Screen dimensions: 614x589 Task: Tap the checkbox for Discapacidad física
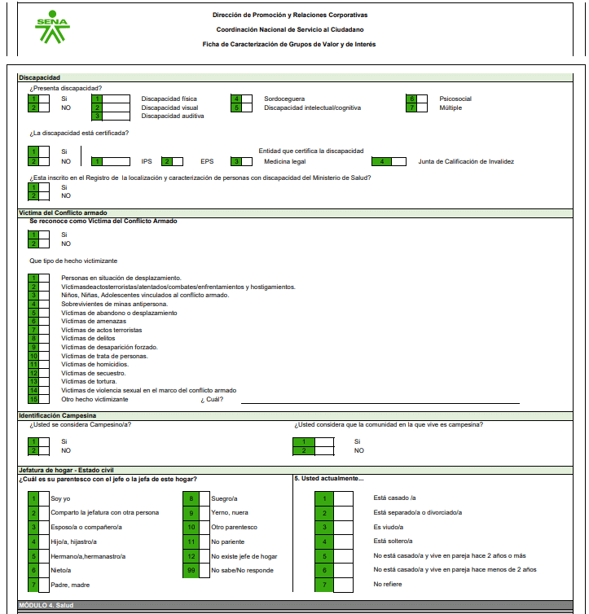[x=117, y=99]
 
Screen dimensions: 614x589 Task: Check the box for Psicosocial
[x=422, y=99]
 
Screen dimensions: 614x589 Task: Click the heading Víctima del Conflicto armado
[x=63, y=213]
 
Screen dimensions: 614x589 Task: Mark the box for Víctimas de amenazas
[x=44, y=321]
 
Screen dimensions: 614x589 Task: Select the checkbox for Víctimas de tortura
[x=44, y=381]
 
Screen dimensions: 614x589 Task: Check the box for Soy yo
[x=44, y=498]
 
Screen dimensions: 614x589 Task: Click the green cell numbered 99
[x=191, y=570]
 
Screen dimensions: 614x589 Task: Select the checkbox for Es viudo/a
[x=343, y=527]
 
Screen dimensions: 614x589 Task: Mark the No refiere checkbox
[x=343, y=584]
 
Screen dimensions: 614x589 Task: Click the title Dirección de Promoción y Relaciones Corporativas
[x=289, y=15]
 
